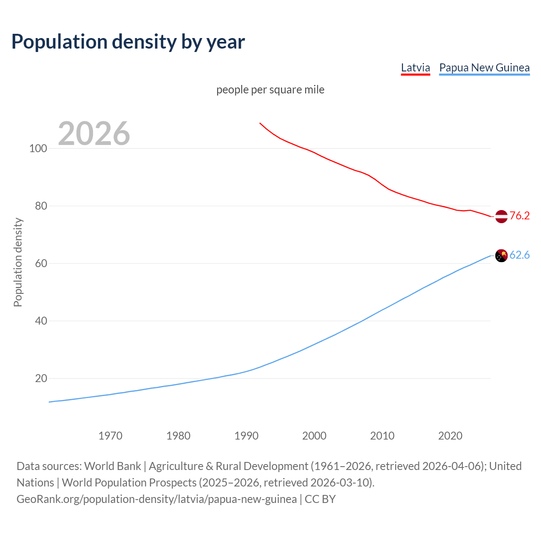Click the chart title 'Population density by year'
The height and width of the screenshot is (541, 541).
coord(128,41)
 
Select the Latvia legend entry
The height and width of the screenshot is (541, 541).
coord(415,68)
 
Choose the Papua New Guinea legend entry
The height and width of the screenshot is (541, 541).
coord(484,68)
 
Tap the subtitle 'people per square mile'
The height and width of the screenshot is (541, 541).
coord(270,90)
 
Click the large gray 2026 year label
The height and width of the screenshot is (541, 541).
coord(94,134)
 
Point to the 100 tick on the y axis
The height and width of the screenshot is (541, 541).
coord(38,148)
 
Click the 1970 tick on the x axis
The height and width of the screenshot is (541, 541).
coord(110,436)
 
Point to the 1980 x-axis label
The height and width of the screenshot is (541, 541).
coord(178,436)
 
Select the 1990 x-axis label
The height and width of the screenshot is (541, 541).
coord(246,436)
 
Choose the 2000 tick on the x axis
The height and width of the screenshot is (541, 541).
coord(314,436)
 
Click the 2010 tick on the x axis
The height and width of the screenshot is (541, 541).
coord(383,436)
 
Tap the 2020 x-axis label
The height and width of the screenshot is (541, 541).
coord(451,436)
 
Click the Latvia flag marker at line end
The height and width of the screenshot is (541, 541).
coord(501,216)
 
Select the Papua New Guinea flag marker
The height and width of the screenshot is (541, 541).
coord(501,256)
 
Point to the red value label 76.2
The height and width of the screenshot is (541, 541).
coord(519,216)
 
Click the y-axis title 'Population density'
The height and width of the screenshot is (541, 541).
coord(18,262)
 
